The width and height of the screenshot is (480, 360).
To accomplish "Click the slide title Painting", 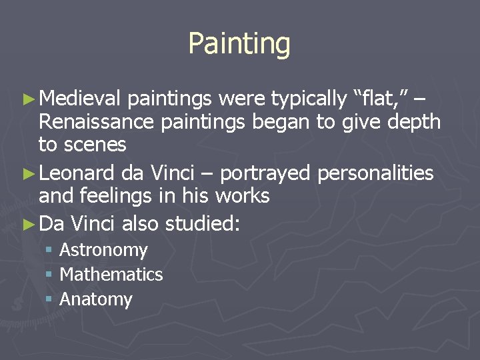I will click(x=239, y=44).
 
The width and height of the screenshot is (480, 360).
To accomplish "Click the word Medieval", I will click(x=79, y=99).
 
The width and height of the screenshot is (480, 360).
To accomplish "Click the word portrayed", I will click(x=265, y=173).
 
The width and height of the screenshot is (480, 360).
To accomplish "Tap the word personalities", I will click(x=376, y=173).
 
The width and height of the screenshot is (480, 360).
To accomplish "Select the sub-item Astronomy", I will click(x=103, y=250).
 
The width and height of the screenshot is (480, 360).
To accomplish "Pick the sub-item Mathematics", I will click(x=111, y=274).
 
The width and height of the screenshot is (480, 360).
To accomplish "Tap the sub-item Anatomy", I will click(x=96, y=299).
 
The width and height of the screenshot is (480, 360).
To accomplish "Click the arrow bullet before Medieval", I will click(x=27, y=100).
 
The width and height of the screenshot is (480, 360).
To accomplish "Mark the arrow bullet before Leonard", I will click(x=27, y=174).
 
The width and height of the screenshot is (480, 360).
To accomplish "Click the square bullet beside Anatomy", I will click(x=49, y=299).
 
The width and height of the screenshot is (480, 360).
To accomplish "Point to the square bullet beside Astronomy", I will click(x=49, y=250).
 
